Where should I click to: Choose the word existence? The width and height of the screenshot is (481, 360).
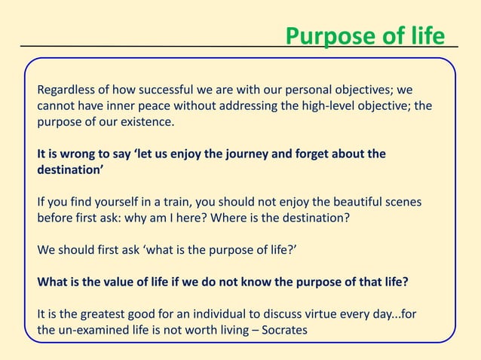click(x=145, y=122)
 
